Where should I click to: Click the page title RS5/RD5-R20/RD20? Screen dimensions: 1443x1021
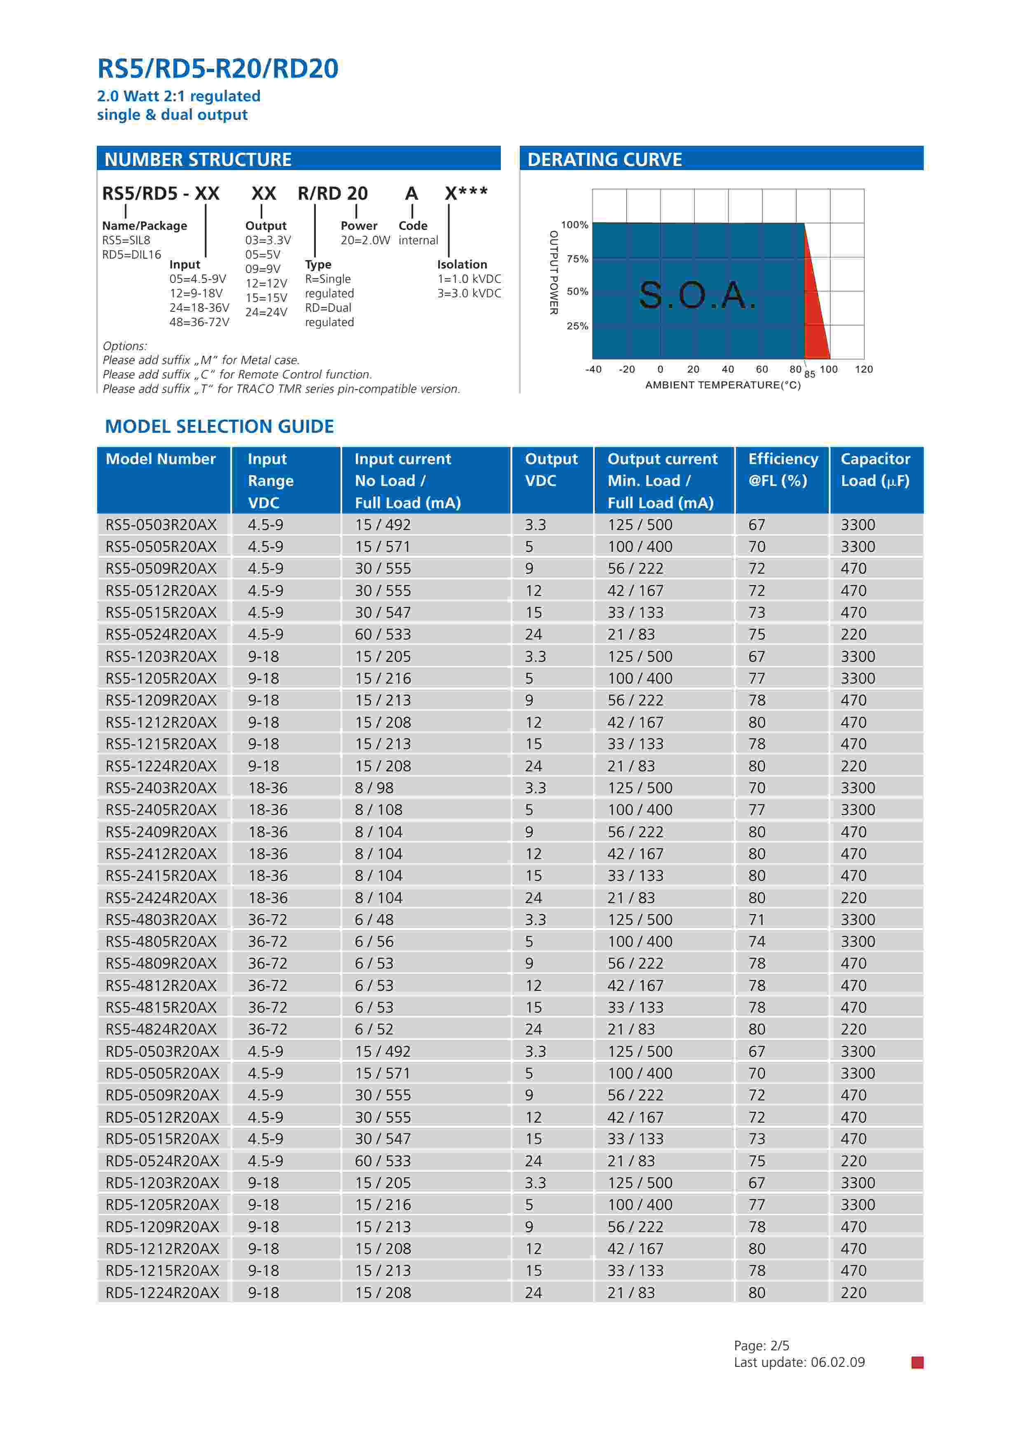coord(217,68)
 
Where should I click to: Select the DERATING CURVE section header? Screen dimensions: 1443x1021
coord(604,160)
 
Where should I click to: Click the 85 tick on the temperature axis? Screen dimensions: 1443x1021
coord(810,374)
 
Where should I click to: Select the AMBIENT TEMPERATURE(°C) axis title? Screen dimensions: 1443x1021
coord(723,385)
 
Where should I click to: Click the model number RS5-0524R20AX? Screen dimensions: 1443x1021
coord(161,634)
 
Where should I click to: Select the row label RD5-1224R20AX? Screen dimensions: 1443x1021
coord(162,1292)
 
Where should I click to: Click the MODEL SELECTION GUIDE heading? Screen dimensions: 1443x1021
coord(220,426)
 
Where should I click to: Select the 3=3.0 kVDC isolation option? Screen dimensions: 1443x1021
coord(469,293)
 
